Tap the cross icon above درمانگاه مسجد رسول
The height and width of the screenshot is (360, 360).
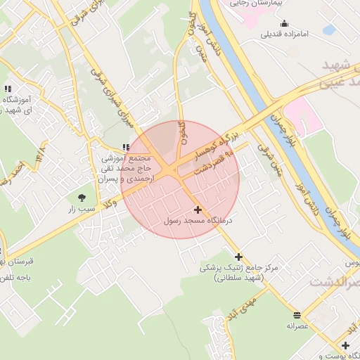198,210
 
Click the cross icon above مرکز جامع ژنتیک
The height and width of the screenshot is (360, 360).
239,257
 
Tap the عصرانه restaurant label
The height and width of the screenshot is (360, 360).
297,326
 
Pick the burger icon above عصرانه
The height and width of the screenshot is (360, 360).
297,315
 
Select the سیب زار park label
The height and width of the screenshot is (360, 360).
82,209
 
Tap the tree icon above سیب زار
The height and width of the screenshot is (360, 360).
82,198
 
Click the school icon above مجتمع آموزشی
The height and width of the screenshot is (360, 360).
126,148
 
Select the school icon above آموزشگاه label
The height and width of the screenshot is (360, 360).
8,89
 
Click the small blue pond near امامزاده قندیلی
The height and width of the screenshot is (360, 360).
328,30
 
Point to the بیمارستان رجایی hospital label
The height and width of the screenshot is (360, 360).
259,4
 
